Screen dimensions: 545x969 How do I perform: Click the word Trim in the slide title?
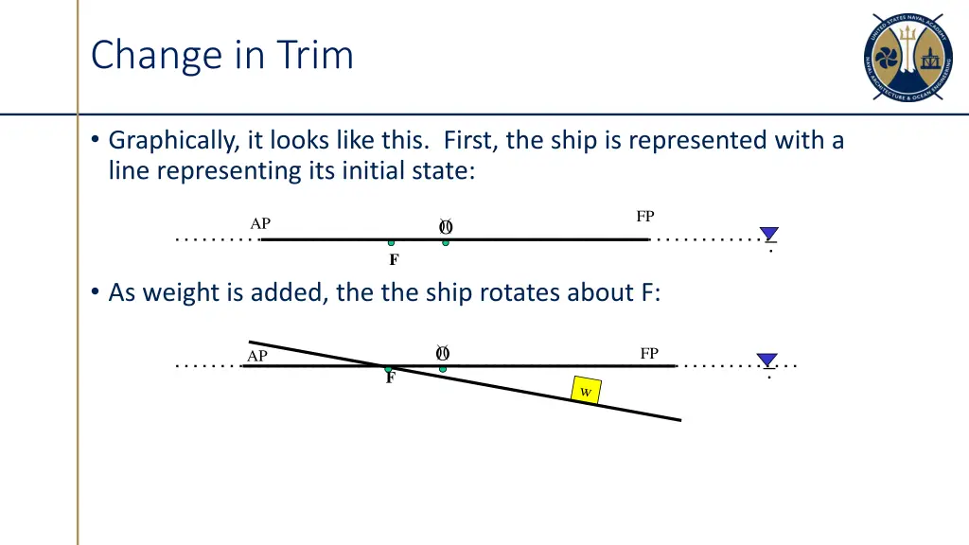tap(315, 55)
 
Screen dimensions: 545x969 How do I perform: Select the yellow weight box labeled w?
tap(586, 391)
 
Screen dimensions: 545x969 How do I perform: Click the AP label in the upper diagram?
tap(260, 224)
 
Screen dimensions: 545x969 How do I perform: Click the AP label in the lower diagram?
tap(257, 357)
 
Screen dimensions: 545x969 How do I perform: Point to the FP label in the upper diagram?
tap(645, 217)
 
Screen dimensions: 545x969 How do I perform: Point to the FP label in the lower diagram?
tap(649, 354)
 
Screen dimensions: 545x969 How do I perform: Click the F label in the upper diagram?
tap(394, 260)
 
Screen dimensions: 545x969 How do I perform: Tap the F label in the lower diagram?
tap(390, 378)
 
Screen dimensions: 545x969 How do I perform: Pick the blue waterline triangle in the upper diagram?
tap(769, 234)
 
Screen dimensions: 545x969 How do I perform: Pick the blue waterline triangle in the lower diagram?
tap(767, 360)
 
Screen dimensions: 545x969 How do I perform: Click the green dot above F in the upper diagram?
tap(391, 242)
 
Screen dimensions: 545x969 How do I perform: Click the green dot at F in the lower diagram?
tap(387, 368)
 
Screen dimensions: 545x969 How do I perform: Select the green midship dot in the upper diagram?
tap(446, 242)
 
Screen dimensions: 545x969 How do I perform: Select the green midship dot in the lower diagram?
tap(442, 368)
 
